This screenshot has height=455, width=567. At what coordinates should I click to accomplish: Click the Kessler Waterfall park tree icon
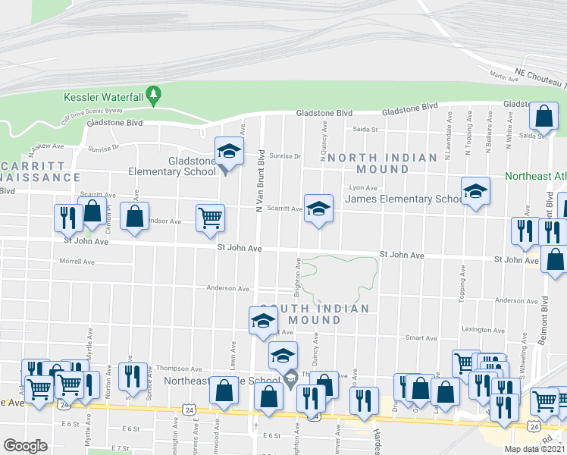(154, 93)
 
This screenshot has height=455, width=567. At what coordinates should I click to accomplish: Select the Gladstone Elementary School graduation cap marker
(228, 150)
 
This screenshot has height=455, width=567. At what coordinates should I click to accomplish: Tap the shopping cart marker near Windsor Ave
(210, 218)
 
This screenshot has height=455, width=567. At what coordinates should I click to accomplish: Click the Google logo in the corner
(26, 446)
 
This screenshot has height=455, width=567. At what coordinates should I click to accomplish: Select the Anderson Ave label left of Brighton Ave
(227, 288)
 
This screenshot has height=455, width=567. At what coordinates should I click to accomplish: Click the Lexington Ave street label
(484, 329)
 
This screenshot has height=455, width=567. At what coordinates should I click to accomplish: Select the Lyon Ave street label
(362, 187)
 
